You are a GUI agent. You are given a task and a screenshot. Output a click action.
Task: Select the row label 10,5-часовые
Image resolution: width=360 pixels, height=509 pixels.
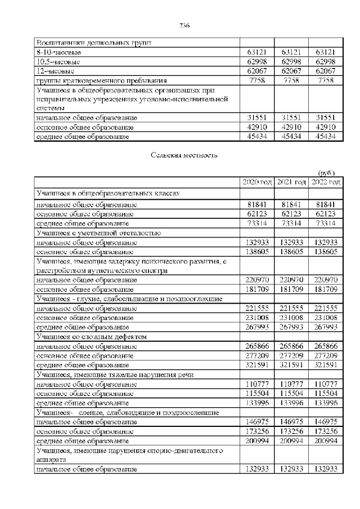(x=58, y=61)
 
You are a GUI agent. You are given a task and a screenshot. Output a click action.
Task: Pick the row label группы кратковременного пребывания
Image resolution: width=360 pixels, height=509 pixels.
(x=97, y=80)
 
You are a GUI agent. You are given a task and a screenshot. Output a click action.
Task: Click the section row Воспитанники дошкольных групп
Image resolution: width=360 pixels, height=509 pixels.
(x=93, y=42)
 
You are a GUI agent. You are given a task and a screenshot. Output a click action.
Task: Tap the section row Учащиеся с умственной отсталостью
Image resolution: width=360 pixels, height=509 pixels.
(x=99, y=232)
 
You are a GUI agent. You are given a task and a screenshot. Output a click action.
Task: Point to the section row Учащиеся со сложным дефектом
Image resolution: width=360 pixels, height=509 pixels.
(x=91, y=336)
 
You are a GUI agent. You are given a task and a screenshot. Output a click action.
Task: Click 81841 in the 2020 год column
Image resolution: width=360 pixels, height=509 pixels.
(x=257, y=204)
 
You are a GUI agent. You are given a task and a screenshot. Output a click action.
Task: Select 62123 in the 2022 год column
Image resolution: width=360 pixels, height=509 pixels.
(x=326, y=213)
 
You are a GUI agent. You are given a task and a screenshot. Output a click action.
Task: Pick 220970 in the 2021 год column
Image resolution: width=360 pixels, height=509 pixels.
(x=291, y=279)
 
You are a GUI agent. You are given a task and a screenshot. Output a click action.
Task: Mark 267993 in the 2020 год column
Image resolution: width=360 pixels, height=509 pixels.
(x=257, y=326)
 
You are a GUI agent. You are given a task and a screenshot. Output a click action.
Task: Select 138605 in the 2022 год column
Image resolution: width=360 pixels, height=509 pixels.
(x=326, y=251)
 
